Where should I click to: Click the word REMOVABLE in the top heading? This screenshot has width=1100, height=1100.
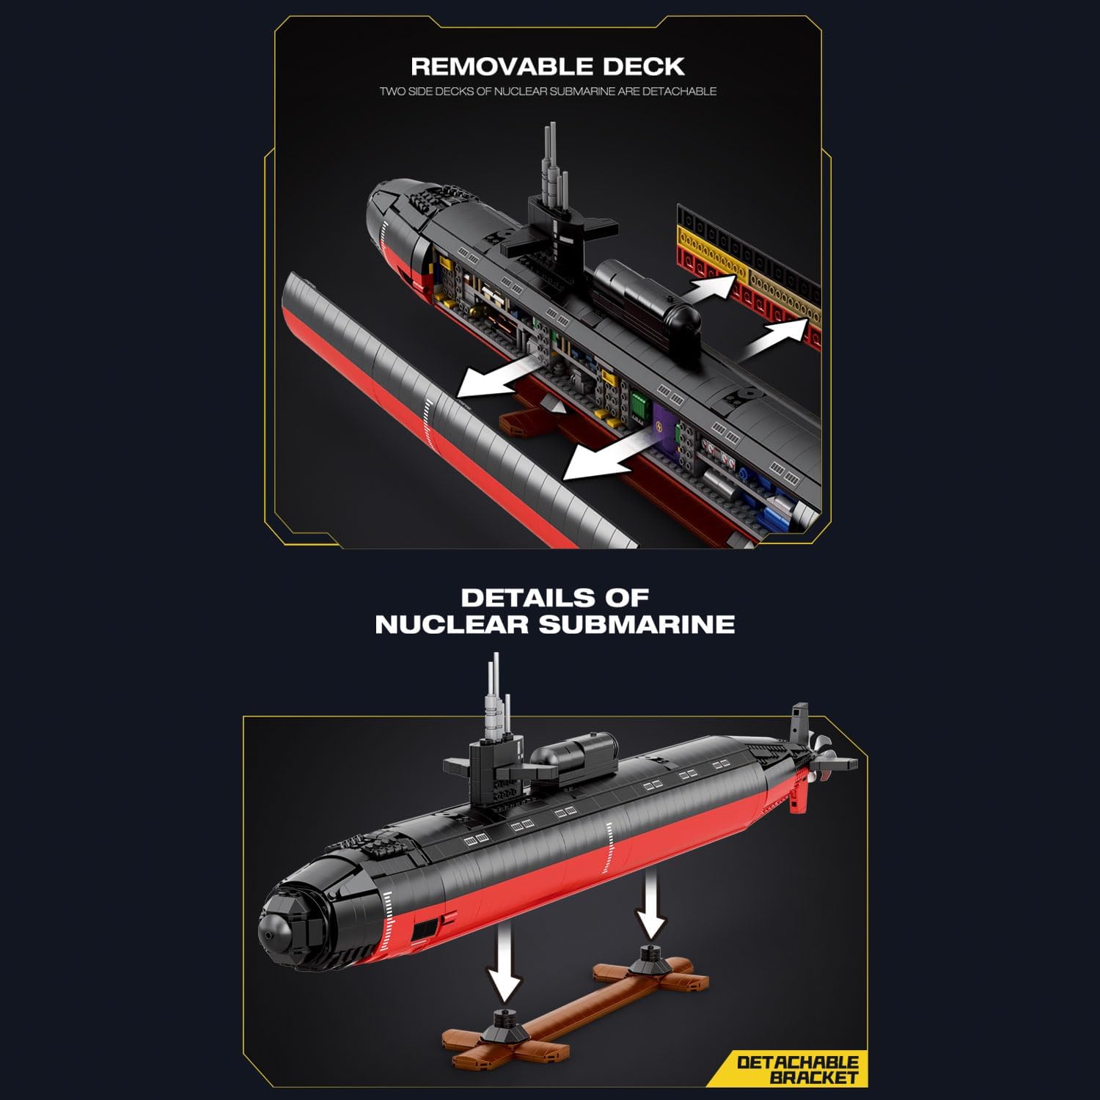click(x=502, y=67)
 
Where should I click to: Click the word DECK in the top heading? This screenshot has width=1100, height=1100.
click(x=644, y=67)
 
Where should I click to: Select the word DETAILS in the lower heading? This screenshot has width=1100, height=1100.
click(x=518, y=597)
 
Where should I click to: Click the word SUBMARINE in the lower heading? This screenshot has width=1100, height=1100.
click(x=637, y=625)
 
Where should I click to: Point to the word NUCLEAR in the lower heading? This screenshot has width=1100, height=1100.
click(x=452, y=625)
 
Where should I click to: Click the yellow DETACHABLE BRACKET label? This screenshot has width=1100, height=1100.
click(x=798, y=1069)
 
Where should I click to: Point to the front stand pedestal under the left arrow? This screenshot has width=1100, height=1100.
click(x=505, y=1021)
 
